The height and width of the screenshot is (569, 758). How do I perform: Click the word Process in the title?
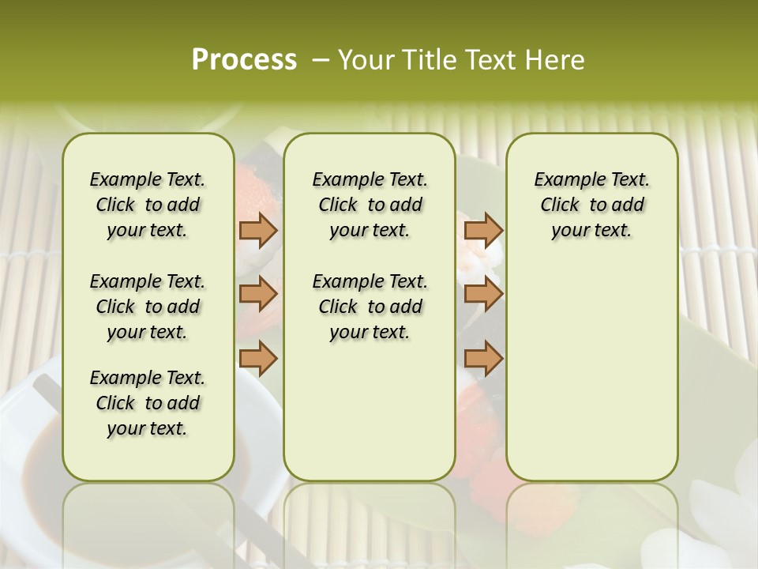[x=244, y=59]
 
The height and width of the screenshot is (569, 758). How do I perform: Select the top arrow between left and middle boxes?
[x=258, y=230]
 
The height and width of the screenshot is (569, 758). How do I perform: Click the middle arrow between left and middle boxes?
[x=258, y=294]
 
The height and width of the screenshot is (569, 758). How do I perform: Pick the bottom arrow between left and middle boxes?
[x=258, y=358]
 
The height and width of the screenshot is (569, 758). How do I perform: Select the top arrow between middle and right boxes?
[x=483, y=230]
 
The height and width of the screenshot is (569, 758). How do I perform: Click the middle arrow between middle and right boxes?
[x=483, y=294]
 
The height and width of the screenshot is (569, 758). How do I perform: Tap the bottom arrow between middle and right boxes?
[x=483, y=358]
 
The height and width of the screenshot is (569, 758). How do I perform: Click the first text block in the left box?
[x=148, y=205]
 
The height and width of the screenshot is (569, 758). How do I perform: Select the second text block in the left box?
[x=148, y=307]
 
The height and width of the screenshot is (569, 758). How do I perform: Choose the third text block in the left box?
[x=148, y=403]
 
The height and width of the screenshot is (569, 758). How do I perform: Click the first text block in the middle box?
[x=370, y=205]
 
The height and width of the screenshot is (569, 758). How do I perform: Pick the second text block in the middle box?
[x=370, y=307]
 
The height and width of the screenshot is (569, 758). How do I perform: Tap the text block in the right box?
[x=591, y=205]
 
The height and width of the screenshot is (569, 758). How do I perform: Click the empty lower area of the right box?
[x=591, y=371]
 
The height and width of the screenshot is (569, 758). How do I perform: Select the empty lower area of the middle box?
[x=370, y=411]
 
